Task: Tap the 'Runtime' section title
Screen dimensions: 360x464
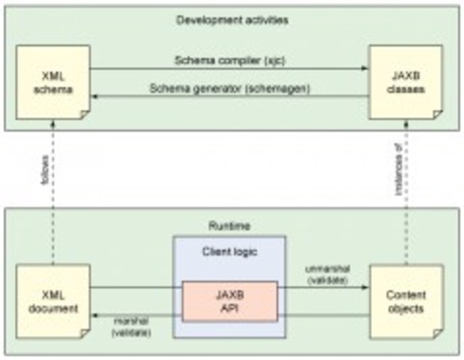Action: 231,224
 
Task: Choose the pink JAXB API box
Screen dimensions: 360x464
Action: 230,299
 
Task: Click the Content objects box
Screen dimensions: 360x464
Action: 406,300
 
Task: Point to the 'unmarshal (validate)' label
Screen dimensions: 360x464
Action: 323,273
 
